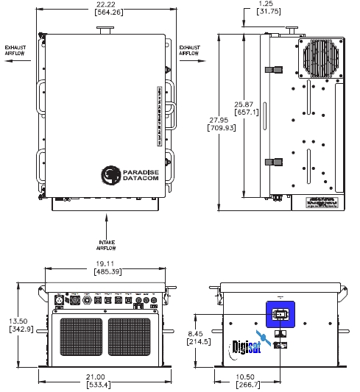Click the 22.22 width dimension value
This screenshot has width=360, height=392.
108,5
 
